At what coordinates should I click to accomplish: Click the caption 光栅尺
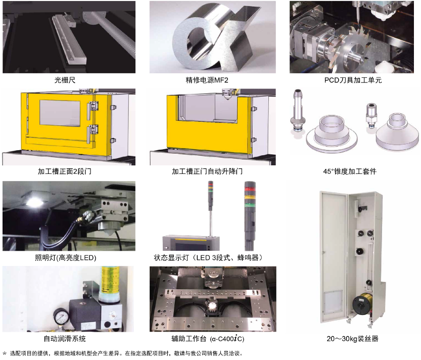click(65, 80)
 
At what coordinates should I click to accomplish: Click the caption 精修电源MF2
click(207, 80)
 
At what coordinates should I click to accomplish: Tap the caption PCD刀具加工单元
click(353, 80)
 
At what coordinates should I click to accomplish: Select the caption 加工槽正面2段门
click(65, 171)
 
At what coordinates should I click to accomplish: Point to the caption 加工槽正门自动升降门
click(207, 171)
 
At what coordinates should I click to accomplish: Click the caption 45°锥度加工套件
click(350, 171)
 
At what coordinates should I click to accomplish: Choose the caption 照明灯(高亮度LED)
click(66, 258)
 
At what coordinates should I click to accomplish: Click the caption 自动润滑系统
click(65, 338)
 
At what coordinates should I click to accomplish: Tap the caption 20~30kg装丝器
click(353, 338)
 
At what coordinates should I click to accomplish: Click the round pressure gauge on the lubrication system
click(61, 316)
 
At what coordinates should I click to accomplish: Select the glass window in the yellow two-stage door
click(60, 113)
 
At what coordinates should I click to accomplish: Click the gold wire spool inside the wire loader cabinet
click(363, 303)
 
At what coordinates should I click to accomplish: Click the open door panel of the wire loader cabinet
click(334, 256)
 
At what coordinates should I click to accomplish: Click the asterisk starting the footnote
click(4, 353)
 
